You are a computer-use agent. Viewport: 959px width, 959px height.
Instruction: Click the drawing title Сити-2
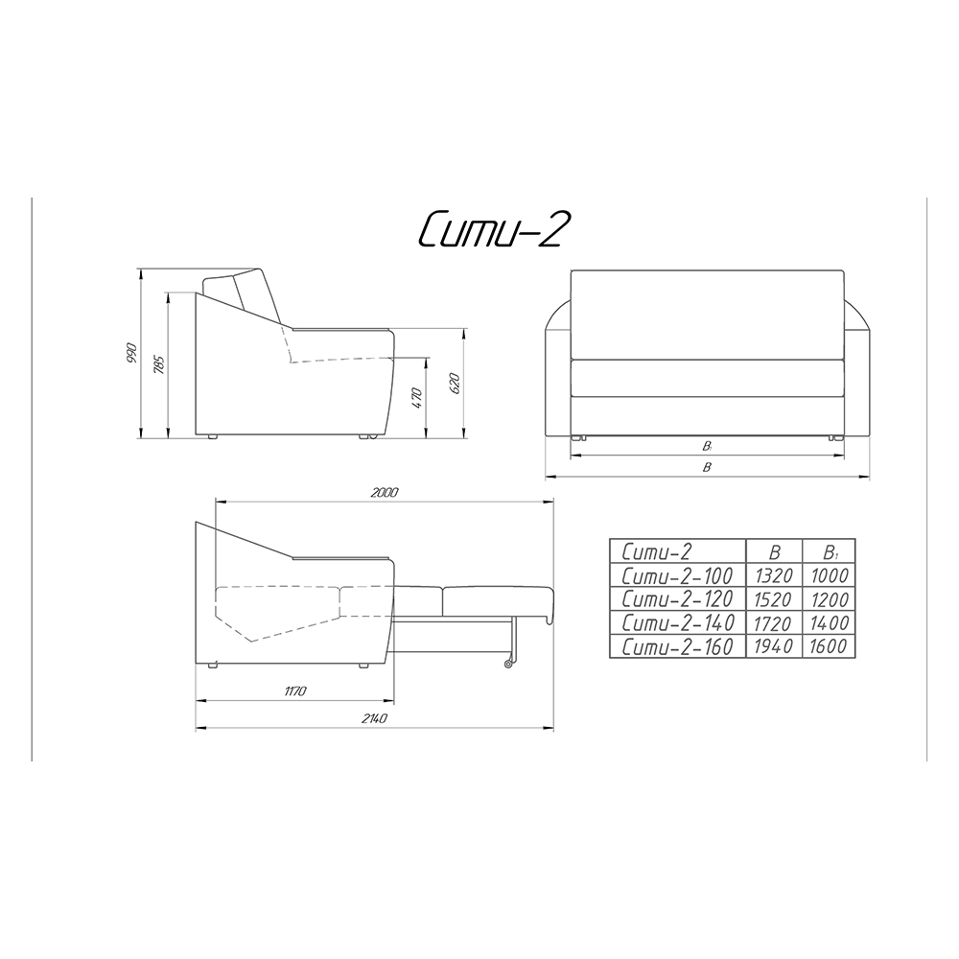click(490, 229)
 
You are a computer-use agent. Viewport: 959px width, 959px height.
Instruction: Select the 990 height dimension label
click(131, 354)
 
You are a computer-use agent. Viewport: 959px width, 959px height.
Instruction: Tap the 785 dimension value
click(158, 364)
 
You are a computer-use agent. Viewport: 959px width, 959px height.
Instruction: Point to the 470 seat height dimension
click(417, 398)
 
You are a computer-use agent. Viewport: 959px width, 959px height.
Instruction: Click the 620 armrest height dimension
click(454, 384)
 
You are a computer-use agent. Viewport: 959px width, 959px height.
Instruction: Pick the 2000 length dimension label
click(385, 492)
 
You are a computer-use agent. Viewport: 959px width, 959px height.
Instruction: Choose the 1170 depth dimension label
click(294, 691)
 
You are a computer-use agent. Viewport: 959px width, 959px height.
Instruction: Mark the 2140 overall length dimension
click(374, 718)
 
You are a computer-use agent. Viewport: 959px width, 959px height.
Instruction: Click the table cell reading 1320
click(774, 575)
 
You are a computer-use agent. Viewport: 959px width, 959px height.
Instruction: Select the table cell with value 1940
click(774, 646)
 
